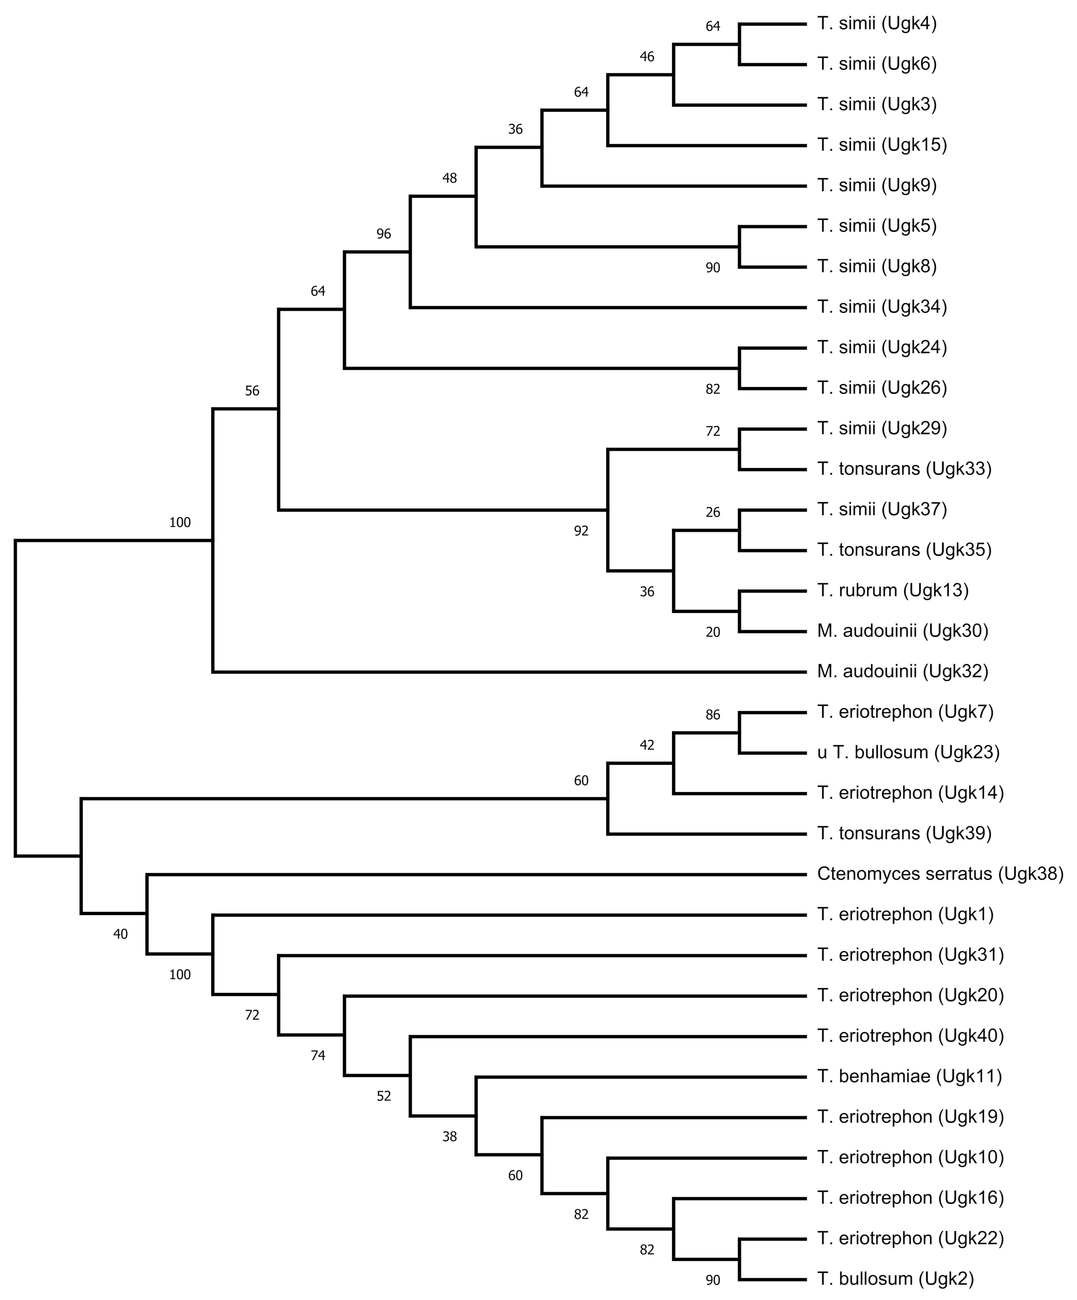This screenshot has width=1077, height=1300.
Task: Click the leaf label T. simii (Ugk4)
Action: [876, 24]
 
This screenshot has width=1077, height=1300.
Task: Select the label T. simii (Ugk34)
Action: [881, 306]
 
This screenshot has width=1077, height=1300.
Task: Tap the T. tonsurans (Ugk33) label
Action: [904, 469]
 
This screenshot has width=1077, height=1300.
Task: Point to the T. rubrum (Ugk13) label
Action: [892, 590]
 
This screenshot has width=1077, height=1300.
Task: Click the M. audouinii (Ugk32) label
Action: [902, 671]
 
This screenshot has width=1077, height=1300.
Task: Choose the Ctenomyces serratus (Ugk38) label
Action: [939, 873]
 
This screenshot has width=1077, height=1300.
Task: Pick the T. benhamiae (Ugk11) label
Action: [908, 1076]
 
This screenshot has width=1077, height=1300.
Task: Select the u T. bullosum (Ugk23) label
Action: [908, 752]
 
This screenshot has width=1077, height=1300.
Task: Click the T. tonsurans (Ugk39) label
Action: [904, 833]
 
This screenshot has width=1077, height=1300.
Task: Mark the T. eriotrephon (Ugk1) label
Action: [905, 914]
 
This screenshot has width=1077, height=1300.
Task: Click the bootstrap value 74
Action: [318, 1056]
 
